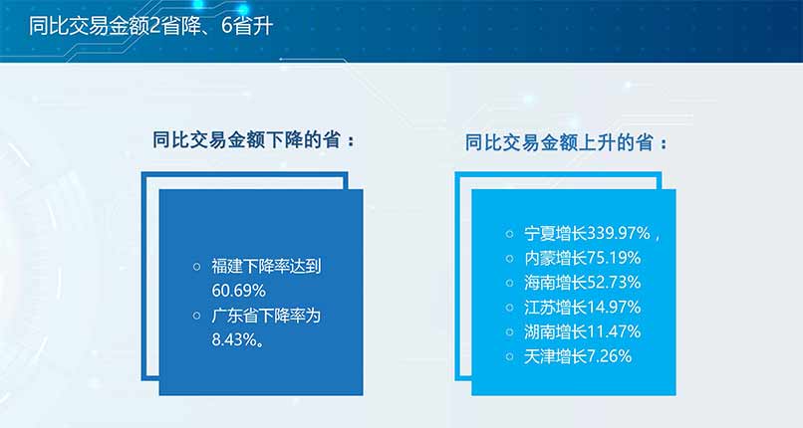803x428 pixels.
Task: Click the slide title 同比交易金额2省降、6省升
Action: point(151,27)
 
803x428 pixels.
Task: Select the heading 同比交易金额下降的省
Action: point(247,140)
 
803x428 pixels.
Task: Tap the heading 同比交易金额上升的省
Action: point(559,142)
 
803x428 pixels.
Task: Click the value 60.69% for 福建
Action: point(239,291)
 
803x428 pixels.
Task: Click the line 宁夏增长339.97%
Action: point(587,234)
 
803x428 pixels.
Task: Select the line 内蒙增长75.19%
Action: point(582,258)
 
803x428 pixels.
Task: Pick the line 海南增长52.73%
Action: point(582,283)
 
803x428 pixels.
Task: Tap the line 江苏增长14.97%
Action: point(582,308)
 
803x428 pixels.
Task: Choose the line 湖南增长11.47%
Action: point(582,331)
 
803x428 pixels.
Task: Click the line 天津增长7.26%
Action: point(578,356)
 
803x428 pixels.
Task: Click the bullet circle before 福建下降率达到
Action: point(196,267)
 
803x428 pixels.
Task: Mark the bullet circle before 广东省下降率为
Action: point(196,316)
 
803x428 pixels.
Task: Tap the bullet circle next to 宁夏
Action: point(509,234)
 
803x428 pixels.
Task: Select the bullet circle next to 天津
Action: point(509,357)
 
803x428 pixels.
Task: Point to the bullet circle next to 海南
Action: point(509,283)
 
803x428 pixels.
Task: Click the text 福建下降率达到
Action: point(266,267)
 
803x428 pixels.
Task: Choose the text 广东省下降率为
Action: point(266,316)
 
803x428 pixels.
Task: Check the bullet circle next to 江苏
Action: point(509,308)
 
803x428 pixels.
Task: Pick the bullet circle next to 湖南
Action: point(509,332)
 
